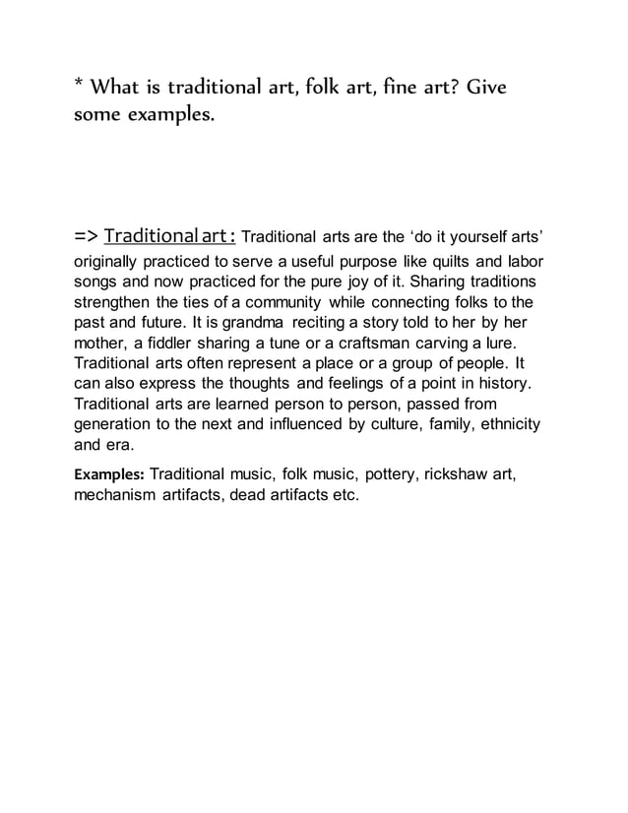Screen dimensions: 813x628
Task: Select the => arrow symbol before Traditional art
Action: click(x=86, y=237)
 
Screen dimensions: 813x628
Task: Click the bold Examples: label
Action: click(x=110, y=474)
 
